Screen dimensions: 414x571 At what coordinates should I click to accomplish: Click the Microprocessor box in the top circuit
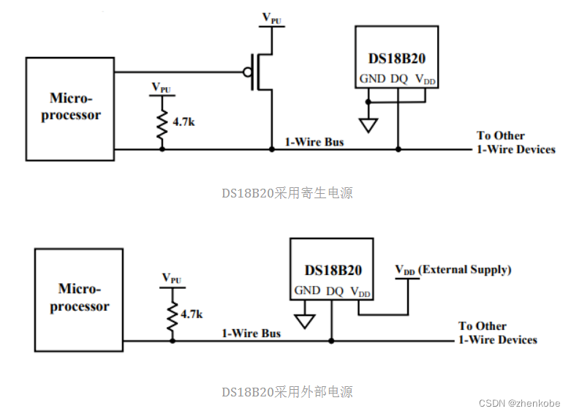tap(70, 108)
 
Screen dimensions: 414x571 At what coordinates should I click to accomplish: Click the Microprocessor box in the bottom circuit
tap(79, 300)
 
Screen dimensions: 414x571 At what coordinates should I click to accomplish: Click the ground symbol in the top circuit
tap(369, 125)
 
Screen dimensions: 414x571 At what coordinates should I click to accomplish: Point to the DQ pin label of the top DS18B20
tap(398, 79)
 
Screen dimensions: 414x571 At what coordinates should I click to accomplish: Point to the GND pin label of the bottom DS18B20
tap(307, 290)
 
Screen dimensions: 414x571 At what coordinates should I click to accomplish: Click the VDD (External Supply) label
tap(453, 270)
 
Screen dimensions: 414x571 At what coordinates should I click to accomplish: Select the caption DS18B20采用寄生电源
tap(287, 193)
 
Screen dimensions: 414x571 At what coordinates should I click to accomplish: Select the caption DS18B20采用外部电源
tap(287, 392)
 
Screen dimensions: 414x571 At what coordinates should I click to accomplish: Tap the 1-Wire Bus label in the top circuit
tap(314, 141)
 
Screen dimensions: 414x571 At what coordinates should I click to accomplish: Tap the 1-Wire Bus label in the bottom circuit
tap(252, 333)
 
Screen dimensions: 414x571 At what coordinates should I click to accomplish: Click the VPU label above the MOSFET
tap(271, 18)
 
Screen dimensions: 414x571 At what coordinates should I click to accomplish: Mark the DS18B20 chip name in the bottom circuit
tap(333, 270)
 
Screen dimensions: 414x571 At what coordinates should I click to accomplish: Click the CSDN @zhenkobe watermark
tap(518, 403)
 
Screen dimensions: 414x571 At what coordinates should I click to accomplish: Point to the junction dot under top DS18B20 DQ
tap(398, 149)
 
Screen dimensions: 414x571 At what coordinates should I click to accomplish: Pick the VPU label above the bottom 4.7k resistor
tap(172, 279)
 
